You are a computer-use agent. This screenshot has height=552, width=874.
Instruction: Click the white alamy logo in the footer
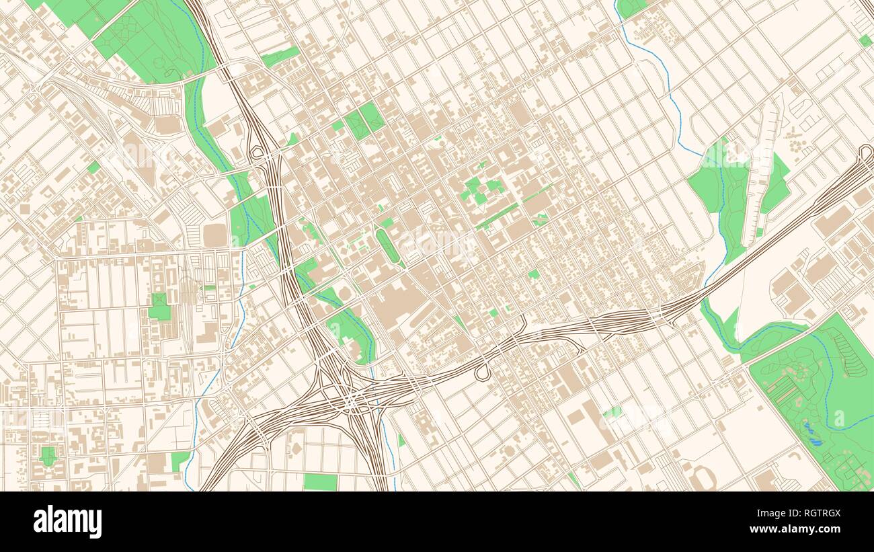(67, 522)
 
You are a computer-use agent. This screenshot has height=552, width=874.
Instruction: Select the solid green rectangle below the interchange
(320, 481)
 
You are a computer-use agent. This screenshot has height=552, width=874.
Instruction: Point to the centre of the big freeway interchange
(351, 401)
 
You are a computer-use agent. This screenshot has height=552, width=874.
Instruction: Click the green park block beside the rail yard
(159, 308)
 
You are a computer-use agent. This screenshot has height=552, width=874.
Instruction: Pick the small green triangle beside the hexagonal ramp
(292, 139)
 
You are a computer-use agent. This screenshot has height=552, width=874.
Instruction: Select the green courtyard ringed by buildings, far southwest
(47, 455)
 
